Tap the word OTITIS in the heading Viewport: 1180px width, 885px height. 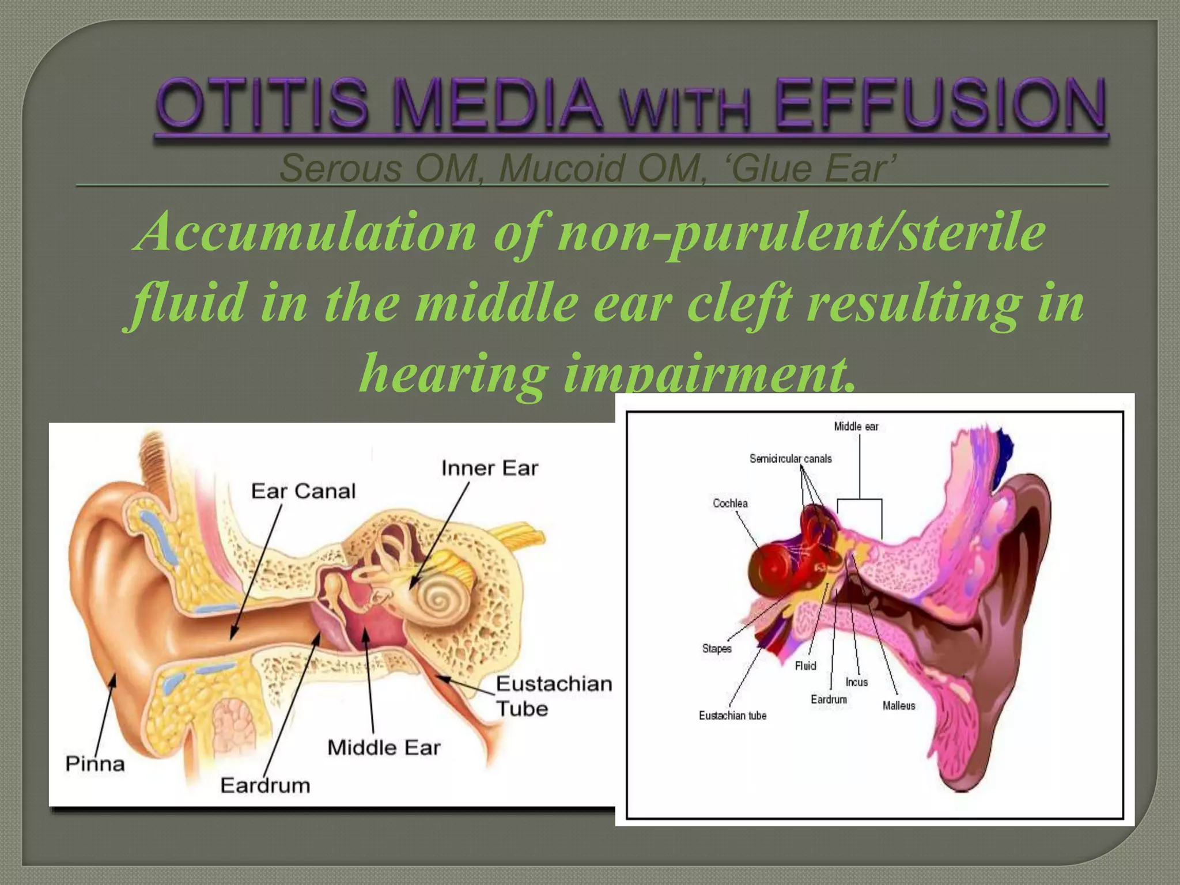262,105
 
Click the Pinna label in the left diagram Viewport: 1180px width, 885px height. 95,764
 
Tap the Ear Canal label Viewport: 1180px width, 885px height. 304,491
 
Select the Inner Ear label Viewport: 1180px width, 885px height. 490,468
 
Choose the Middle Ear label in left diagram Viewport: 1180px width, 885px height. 384,748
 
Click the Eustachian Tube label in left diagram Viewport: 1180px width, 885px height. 553,696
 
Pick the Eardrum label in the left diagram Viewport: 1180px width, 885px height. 265,785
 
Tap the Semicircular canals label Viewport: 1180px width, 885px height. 791,459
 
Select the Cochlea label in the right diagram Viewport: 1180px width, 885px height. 730,504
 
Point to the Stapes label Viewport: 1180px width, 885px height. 717,649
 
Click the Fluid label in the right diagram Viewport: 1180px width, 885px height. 805,666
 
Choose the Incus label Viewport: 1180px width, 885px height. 857,682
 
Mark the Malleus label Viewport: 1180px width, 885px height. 899,706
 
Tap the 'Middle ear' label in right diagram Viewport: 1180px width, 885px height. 856,427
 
